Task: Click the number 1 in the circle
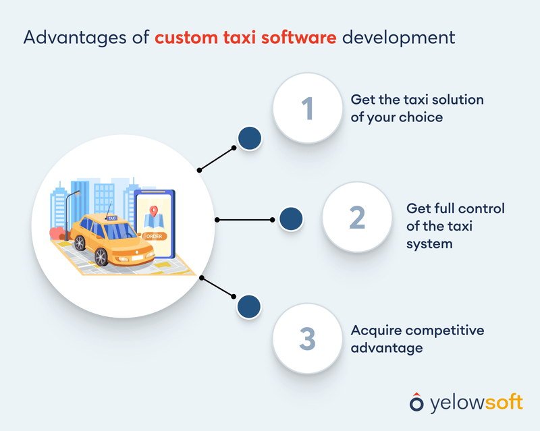click(x=307, y=108)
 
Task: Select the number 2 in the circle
click(x=357, y=217)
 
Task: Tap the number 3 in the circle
click(x=307, y=339)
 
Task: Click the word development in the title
click(x=398, y=36)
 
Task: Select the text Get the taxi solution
click(x=416, y=99)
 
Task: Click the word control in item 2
click(x=482, y=208)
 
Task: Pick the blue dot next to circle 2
click(x=290, y=219)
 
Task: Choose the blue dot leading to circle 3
click(x=249, y=306)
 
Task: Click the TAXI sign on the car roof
click(x=112, y=217)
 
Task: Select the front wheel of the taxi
click(x=101, y=256)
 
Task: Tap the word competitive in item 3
click(x=446, y=331)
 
